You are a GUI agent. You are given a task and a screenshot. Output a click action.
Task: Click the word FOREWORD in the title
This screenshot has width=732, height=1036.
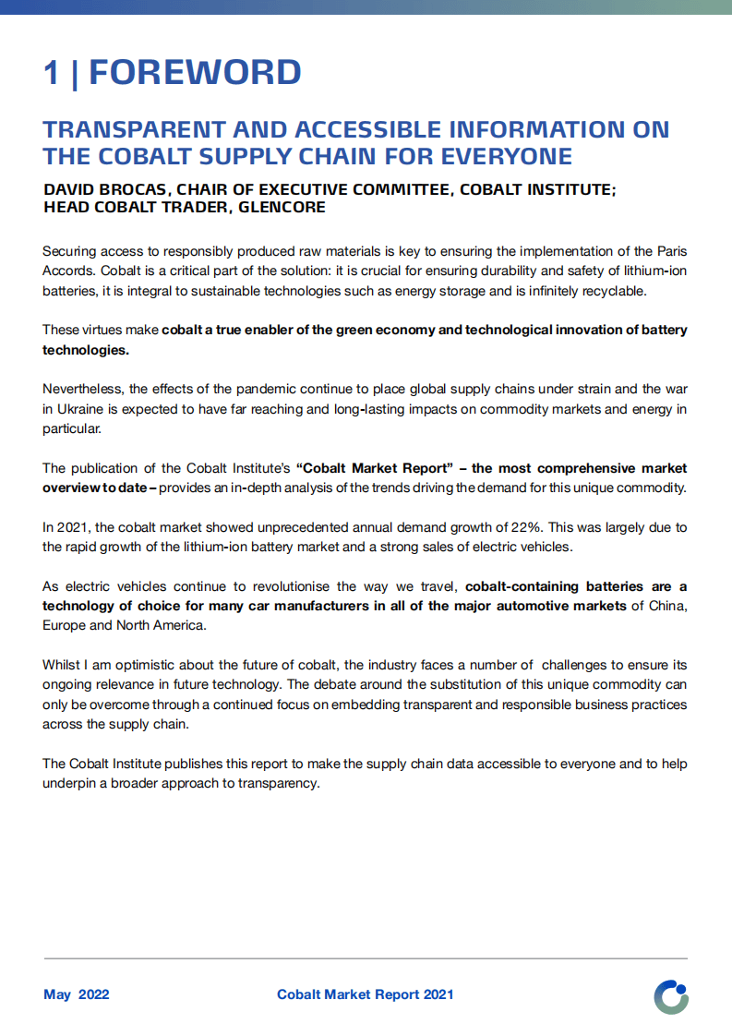(195, 73)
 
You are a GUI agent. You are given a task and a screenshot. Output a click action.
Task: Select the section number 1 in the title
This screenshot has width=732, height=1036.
(52, 73)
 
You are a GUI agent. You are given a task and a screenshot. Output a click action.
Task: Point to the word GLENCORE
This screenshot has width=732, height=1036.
(282, 208)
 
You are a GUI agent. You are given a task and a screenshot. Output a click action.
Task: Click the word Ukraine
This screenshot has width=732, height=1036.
(80, 409)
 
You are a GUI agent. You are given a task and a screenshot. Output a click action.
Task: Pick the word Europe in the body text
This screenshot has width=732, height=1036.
(65, 625)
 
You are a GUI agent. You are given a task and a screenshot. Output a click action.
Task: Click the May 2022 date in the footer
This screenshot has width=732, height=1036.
(77, 994)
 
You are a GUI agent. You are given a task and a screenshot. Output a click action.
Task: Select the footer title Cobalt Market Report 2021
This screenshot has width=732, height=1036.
(365, 994)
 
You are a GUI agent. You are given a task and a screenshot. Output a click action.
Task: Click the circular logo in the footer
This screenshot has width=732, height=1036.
(671, 997)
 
